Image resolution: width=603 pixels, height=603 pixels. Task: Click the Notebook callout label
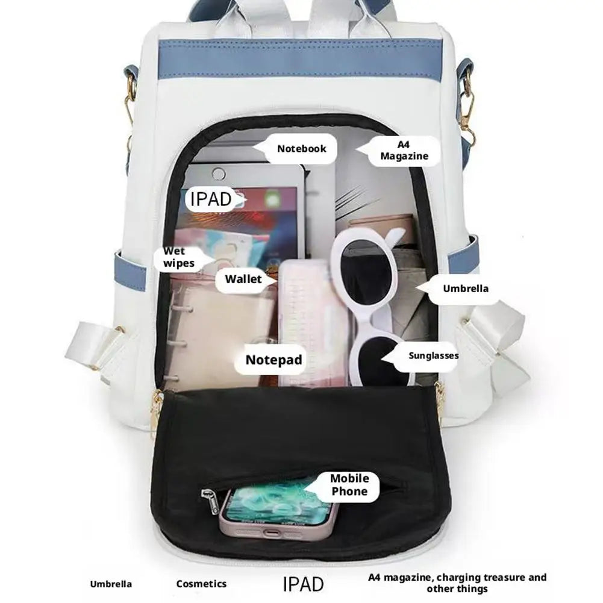(301, 149)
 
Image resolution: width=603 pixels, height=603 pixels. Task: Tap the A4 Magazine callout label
(404, 151)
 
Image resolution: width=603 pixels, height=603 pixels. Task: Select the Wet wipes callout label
(178, 257)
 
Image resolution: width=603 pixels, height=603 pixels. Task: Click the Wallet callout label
(243, 279)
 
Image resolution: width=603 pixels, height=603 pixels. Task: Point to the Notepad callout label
(274, 360)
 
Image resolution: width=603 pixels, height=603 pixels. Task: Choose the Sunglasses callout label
(433, 356)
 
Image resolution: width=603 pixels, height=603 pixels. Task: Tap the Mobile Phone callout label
(349, 485)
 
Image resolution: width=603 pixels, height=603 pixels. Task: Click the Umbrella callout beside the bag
(465, 289)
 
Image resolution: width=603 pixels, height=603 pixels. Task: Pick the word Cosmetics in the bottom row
(201, 584)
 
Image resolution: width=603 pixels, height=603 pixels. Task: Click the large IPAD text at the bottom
(303, 584)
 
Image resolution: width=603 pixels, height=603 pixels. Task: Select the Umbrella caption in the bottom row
(111, 584)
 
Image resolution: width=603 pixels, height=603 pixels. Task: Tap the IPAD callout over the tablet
(211, 199)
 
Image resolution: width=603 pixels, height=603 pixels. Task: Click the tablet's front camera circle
(219, 174)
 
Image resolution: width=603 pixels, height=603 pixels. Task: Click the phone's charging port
(272, 533)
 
